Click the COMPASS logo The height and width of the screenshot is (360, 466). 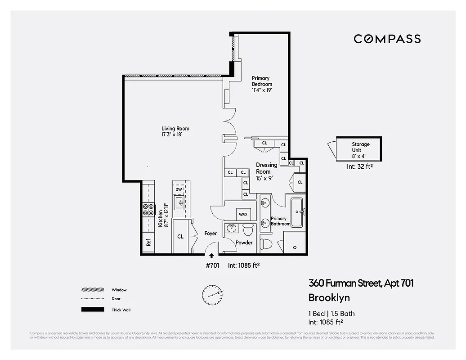point(387,39)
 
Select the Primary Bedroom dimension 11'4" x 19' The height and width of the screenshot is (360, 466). point(261,90)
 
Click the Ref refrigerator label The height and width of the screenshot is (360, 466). point(148,242)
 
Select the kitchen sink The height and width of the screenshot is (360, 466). point(180,203)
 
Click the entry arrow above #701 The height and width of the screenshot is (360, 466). point(212,256)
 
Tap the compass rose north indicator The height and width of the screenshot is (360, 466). point(211,294)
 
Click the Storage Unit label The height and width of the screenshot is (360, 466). point(360,147)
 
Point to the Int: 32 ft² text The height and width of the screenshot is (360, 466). point(359,166)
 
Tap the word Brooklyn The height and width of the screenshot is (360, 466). point(329,297)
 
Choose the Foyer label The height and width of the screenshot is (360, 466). point(211,234)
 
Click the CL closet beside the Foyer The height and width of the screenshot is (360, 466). point(180,236)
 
